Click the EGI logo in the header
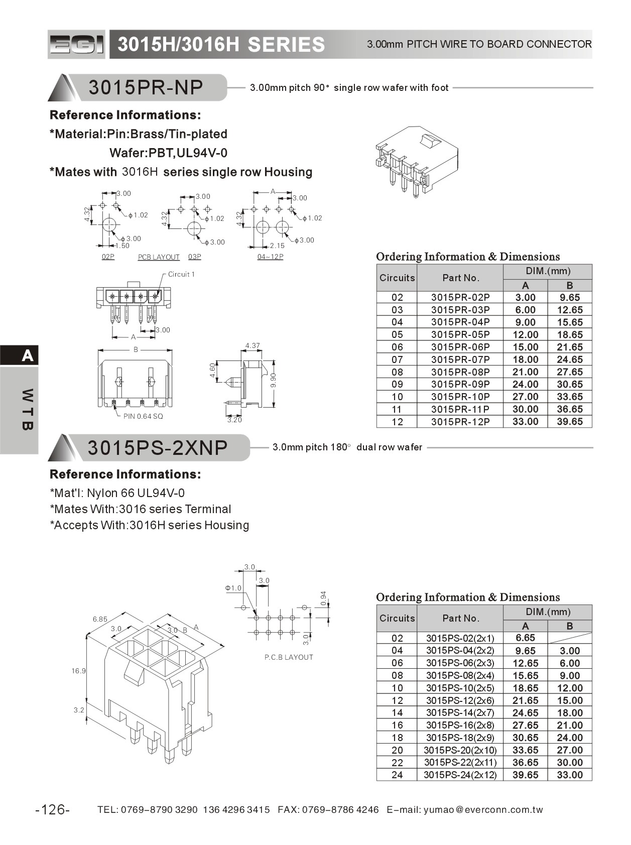pyautogui.click(x=77, y=45)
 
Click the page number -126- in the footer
pyautogui.click(x=53, y=809)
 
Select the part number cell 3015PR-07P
pyautogui.click(x=460, y=359)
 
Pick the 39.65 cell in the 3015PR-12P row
pyautogui.click(x=569, y=422)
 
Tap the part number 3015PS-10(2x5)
pyautogui.click(x=460, y=688)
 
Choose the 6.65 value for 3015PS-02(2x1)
pyautogui.click(x=525, y=638)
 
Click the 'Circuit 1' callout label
pyautogui.click(x=181, y=274)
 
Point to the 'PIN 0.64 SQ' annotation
pyautogui.click(x=143, y=416)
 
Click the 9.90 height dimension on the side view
pyautogui.click(x=274, y=380)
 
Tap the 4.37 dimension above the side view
pyautogui.click(x=253, y=345)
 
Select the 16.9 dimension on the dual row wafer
pyautogui.click(x=79, y=671)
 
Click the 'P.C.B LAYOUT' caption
pyautogui.click(x=289, y=657)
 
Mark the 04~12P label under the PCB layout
pyautogui.click(x=270, y=257)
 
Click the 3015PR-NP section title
pyautogui.click(x=146, y=87)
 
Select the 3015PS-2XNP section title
pyautogui.click(x=158, y=447)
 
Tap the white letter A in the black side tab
pyautogui.click(x=28, y=356)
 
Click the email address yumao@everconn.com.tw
pyautogui.click(x=483, y=809)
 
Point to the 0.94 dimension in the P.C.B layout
pyautogui.click(x=323, y=598)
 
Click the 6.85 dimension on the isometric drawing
pyautogui.click(x=100, y=619)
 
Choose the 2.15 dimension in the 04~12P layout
pyautogui.click(x=277, y=246)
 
